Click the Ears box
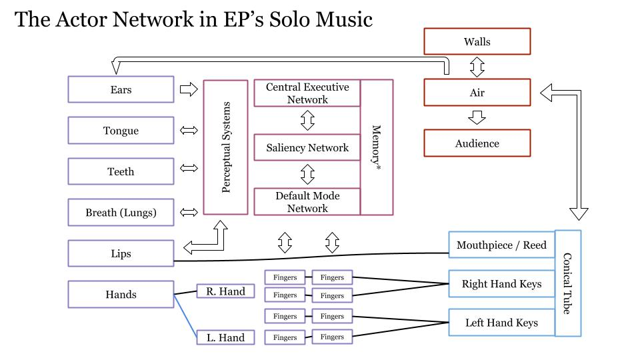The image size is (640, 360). [x=121, y=89]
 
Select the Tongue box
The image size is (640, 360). [x=121, y=131]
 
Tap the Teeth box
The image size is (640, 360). [x=121, y=171]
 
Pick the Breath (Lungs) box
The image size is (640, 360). [x=121, y=213]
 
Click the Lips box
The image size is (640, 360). [x=121, y=253]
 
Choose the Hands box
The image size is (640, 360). [x=121, y=294]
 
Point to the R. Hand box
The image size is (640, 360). [x=225, y=291]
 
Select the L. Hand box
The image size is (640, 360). [x=225, y=337]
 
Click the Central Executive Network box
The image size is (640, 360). [x=307, y=93]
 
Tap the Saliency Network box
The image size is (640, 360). [x=307, y=147]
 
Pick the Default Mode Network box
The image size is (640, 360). [x=307, y=202]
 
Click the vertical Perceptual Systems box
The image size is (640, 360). [x=225, y=147]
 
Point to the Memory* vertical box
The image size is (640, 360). [x=377, y=147]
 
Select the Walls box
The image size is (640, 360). [x=477, y=41]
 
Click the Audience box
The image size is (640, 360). [x=477, y=143]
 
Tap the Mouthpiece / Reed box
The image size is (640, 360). [x=501, y=245]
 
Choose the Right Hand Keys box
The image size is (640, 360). [x=501, y=284]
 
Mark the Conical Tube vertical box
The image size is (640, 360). [x=567, y=283]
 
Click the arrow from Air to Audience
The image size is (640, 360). [x=477, y=117]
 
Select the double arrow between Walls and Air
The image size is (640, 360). [x=477, y=67]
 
